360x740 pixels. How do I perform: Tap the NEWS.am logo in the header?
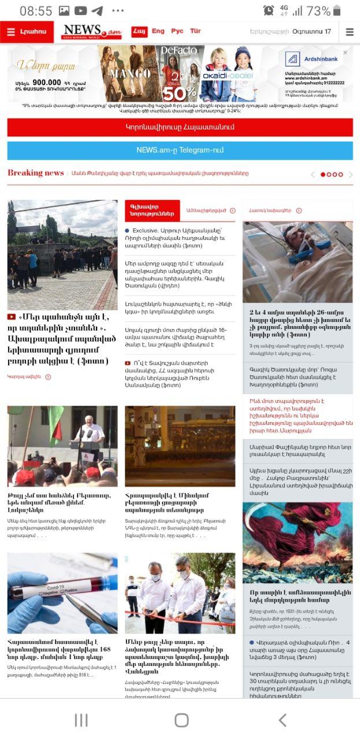(x=91, y=32)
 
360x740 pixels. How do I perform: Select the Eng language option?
(x=158, y=31)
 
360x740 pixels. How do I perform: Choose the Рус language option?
(x=177, y=31)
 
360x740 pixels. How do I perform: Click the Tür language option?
(x=196, y=31)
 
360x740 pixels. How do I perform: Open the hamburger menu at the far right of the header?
(x=350, y=32)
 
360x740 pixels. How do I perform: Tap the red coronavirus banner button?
(x=180, y=127)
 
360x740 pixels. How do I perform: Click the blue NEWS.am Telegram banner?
(x=180, y=150)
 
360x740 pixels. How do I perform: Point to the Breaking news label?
(x=35, y=173)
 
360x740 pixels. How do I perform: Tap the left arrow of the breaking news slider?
(x=313, y=174)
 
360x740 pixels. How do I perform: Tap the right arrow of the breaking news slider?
(x=351, y=174)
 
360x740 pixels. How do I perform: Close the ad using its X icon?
(x=346, y=53)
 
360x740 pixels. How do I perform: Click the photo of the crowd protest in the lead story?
(x=62, y=254)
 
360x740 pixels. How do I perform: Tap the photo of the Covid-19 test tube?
(x=62, y=593)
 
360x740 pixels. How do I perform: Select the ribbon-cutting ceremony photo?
(x=180, y=593)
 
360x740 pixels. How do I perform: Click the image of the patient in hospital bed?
(x=298, y=262)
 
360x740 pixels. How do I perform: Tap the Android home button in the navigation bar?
(x=181, y=720)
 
